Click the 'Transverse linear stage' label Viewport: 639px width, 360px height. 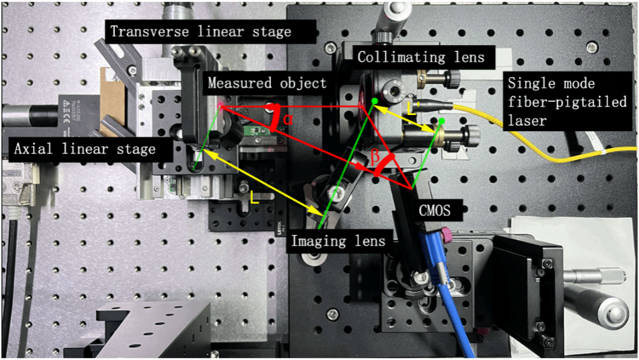(x=200, y=32)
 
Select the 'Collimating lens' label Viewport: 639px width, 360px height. (x=420, y=57)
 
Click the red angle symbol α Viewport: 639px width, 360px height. (x=289, y=120)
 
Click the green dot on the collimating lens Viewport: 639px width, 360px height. (x=375, y=101)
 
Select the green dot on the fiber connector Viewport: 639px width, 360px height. (x=442, y=122)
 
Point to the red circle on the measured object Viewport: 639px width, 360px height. (x=222, y=105)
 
